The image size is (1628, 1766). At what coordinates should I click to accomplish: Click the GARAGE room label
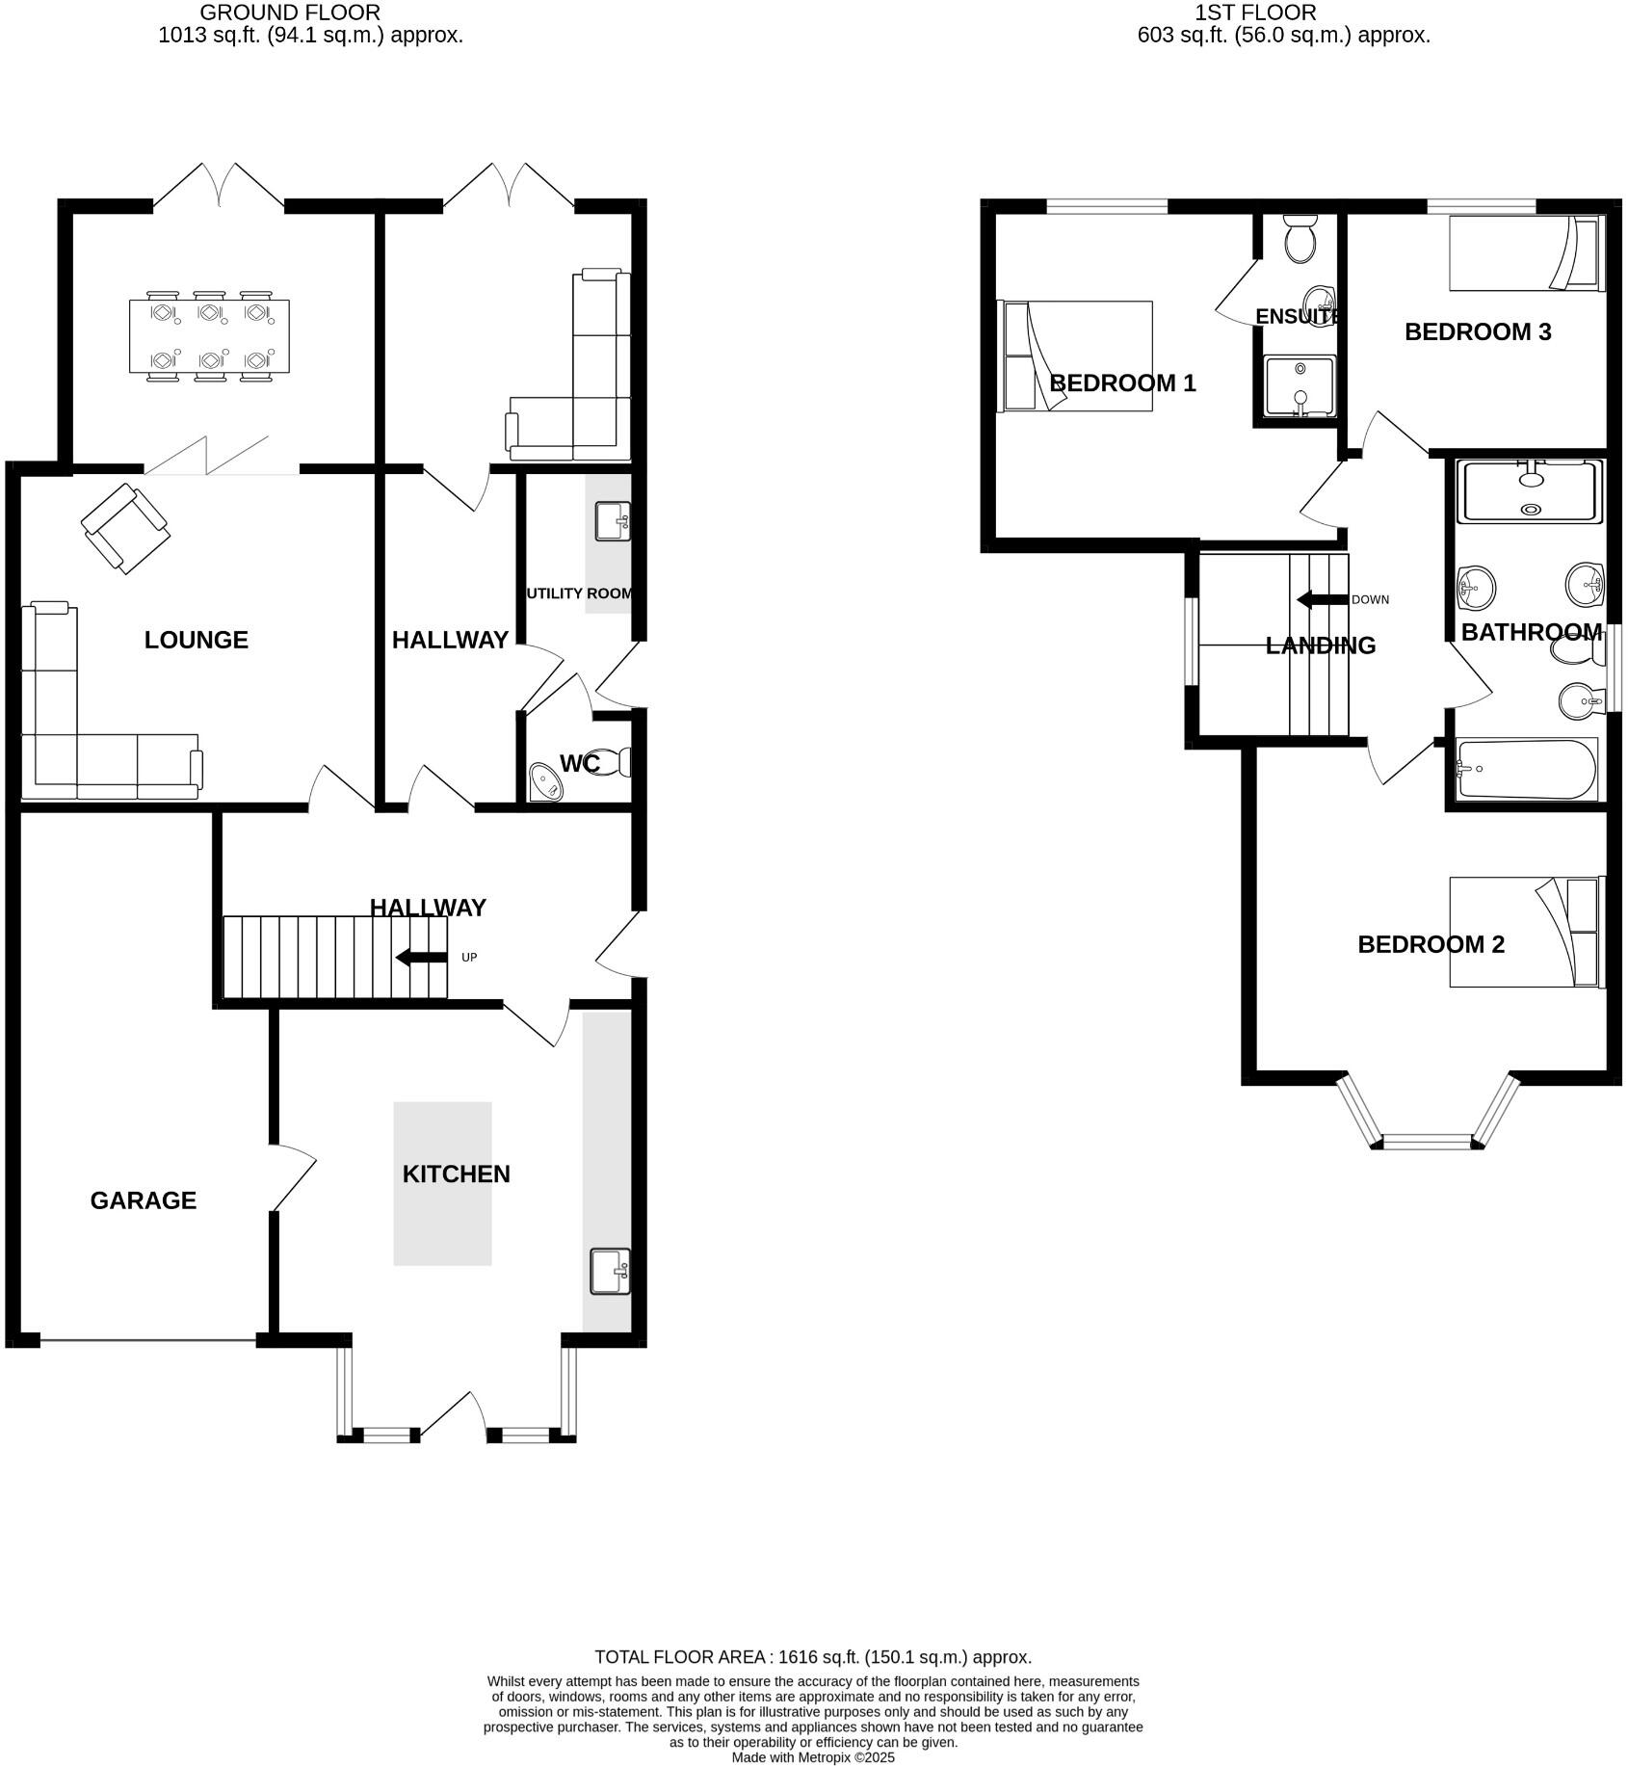(x=143, y=1199)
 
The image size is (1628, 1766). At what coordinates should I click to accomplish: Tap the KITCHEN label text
(x=456, y=1173)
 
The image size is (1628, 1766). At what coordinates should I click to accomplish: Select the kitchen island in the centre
(x=442, y=1224)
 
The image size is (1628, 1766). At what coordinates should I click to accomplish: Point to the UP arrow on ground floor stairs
(x=422, y=957)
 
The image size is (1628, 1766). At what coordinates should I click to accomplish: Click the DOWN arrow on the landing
(x=1322, y=599)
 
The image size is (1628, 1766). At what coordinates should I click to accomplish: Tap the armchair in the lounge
(x=126, y=529)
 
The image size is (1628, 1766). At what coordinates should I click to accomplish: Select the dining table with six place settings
(x=209, y=336)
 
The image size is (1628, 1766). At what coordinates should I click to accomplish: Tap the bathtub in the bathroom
(x=1526, y=769)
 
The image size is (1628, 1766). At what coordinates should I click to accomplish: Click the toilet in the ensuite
(x=1300, y=240)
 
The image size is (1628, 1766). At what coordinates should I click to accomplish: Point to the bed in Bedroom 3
(x=1526, y=252)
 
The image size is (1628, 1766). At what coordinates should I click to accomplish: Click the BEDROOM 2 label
(x=1431, y=944)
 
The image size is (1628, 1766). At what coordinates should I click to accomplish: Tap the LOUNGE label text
(x=196, y=640)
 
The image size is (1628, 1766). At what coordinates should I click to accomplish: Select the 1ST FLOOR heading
(x=1254, y=13)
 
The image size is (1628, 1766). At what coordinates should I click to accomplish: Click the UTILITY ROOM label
(x=579, y=593)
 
